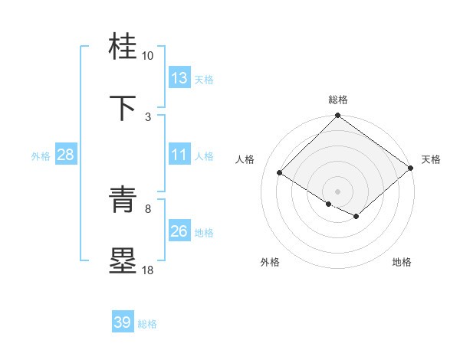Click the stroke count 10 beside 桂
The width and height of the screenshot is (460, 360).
click(x=148, y=56)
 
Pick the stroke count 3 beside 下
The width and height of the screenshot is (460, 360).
click(x=148, y=116)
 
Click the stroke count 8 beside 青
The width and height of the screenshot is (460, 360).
click(x=148, y=208)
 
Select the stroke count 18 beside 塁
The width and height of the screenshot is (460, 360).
click(x=148, y=270)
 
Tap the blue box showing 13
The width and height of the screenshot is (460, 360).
click(x=179, y=78)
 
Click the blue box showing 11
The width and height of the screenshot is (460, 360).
click(x=179, y=155)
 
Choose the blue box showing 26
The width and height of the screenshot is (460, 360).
click(x=179, y=231)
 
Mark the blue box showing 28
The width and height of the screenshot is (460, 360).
click(x=66, y=155)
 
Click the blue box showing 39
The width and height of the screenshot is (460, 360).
click(x=123, y=322)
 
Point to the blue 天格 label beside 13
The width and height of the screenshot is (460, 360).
click(x=203, y=79)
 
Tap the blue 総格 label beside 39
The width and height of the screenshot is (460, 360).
click(x=147, y=323)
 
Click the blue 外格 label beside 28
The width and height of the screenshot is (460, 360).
click(x=41, y=155)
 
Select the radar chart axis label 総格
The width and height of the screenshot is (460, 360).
click(x=338, y=100)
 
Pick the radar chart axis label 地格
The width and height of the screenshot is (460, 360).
click(x=402, y=262)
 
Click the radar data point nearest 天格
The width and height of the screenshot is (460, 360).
click(x=410, y=168)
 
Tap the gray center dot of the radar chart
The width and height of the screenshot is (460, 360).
click(x=338, y=190)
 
